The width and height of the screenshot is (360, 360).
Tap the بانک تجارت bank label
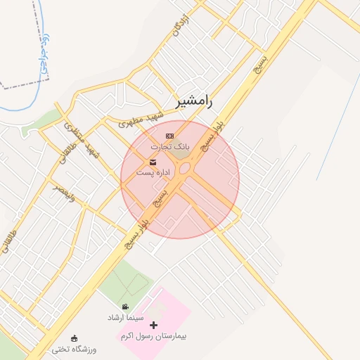pyautogui.click(x=169, y=146)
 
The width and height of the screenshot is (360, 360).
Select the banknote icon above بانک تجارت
pyautogui.click(x=169, y=135)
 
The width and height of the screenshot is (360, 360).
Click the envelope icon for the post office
pyautogui.click(x=153, y=162)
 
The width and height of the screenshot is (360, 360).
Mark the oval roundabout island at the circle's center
pyautogui.click(x=185, y=169)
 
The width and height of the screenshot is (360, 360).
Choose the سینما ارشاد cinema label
pyautogui.click(x=125, y=318)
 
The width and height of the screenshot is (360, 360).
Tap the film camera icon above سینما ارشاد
pyautogui.click(x=125, y=307)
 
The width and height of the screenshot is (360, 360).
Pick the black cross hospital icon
pyautogui.click(x=154, y=325)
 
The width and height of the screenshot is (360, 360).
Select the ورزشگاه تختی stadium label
pyautogui.click(x=73, y=349)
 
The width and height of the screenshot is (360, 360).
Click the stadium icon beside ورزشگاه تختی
pyautogui.click(x=75, y=338)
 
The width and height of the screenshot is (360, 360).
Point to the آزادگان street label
pyautogui.click(x=181, y=25)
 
